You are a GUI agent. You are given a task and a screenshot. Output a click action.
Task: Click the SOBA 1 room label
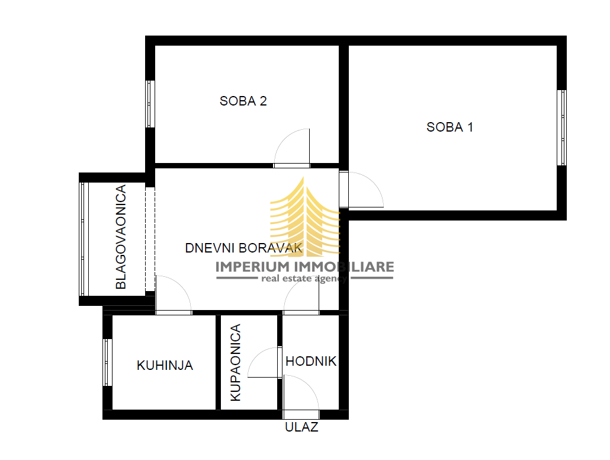click(450, 127)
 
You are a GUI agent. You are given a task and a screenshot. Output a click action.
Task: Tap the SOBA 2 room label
click(243, 101)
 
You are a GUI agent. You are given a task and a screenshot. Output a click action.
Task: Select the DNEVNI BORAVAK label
click(244, 248)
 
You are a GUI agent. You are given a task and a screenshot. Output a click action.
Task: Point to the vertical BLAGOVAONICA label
click(121, 237)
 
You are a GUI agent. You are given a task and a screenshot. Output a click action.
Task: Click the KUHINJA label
click(165, 365)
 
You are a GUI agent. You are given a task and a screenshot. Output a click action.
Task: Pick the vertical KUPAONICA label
click(236, 363)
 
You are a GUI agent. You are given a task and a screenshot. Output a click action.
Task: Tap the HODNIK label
click(311, 361)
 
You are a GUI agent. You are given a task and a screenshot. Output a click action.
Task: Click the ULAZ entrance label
click(301, 427)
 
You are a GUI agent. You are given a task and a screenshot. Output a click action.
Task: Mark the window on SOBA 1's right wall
click(562, 127)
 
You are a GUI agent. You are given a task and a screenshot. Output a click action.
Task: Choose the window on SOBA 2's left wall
click(150, 104)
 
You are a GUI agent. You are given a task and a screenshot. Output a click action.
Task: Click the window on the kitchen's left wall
click(107, 362)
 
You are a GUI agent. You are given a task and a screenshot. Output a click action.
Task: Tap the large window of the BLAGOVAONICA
click(84, 239)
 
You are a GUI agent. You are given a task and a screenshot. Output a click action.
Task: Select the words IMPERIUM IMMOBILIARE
click(304, 267)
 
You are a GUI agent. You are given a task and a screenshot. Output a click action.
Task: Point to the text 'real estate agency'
click(304, 279)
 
